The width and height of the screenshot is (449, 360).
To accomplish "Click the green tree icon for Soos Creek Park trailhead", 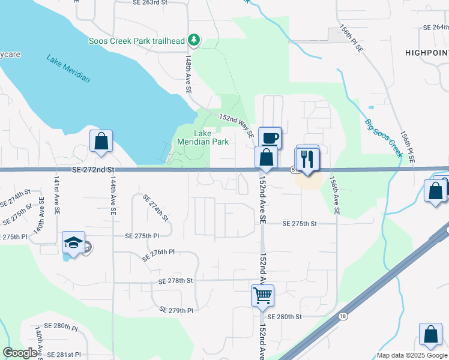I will click(x=194, y=40).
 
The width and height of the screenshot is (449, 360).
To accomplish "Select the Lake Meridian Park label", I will click(x=203, y=137).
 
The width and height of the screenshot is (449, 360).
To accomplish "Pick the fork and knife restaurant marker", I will click(x=307, y=159).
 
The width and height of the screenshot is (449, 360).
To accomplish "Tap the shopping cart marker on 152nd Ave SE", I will click(x=262, y=295).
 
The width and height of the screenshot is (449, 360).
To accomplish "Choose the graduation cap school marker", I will click(x=73, y=243).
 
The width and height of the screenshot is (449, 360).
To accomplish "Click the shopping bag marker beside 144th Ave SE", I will click(x=101, y=142).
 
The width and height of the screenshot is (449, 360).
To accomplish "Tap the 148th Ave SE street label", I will click(x=188, y=74).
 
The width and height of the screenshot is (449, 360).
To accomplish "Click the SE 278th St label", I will click(x=176, y=281).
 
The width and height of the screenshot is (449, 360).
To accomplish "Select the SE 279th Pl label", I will click(x=176, y=310).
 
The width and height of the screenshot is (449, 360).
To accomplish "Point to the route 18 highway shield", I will click(x=342, y=316).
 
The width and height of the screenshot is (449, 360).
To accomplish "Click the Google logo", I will click(x=20, y=353).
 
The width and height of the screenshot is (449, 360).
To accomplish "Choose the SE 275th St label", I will click(x=300, y=223).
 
